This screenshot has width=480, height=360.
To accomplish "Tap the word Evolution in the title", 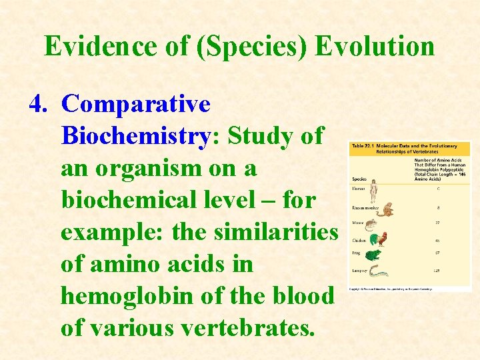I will [x=375, y=46].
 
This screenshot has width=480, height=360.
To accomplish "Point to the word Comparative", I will [x=136, y=104].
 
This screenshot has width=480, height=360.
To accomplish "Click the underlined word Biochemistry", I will [x=135, y=136].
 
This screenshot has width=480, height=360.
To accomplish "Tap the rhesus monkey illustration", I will [x=385, y=209].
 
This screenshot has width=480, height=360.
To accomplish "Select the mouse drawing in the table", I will [x=373, y=223].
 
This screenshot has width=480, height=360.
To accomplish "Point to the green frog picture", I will [x=375, y=255].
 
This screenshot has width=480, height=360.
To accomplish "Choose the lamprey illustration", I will [x=380, y=271].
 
